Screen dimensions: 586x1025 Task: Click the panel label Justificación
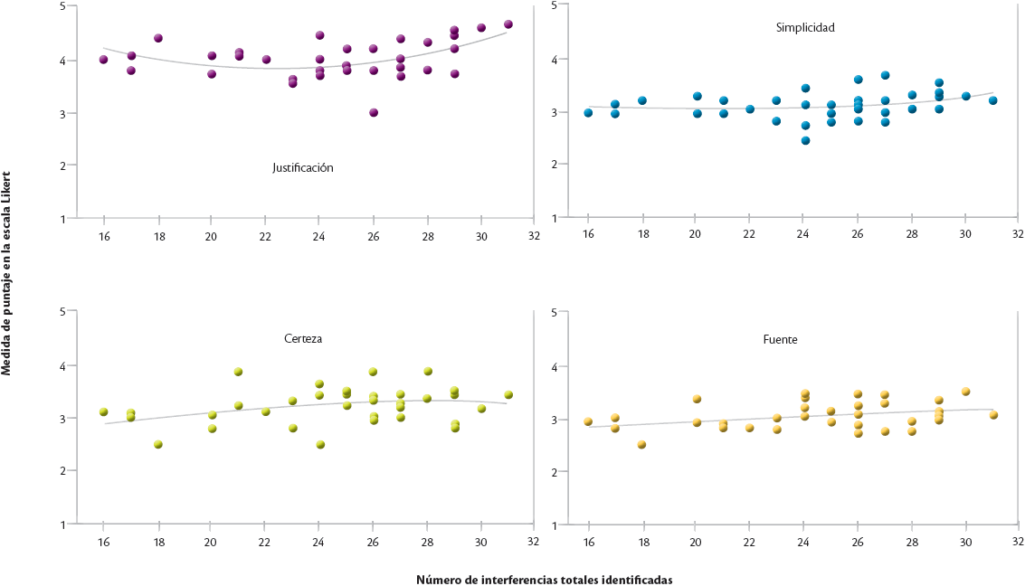tap(303, 167)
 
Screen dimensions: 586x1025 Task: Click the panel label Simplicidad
tap(804, 27)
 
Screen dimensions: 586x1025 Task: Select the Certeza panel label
tap(303, 339)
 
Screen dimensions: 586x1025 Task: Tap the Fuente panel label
tap(780, 339)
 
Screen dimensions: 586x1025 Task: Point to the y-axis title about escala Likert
tap(6, 271)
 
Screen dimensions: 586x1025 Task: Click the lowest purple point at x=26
tap(373, 113)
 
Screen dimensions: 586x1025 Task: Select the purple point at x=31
tap(508, 24)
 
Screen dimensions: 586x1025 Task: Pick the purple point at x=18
tap(158, 38)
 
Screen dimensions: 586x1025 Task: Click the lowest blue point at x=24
tap(805, 140)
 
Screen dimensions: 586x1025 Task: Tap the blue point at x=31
tap(992, 100)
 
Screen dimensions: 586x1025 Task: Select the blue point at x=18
tap(642, 100)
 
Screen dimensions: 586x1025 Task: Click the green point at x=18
tap(158, 444)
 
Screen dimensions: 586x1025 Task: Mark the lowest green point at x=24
tap(320, 444)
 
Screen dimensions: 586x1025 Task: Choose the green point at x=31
tap(508, 394)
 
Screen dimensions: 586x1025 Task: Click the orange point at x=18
tap(642, 444)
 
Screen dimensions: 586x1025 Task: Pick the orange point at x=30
tap(965, 392)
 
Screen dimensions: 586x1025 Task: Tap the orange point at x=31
tap(992, 415)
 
